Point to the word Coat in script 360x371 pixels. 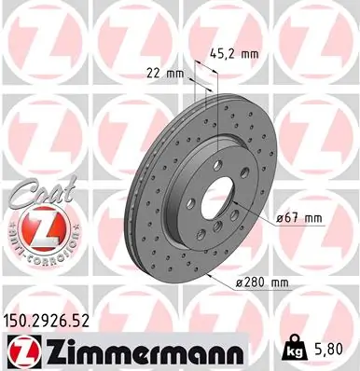pyautogui.click(x=35, y=195)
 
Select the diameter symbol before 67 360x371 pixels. pyautogui.click(x=281, y=218)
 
